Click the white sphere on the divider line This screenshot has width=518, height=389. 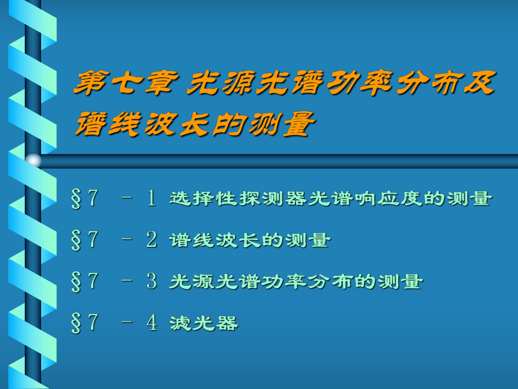pyautogui.click(x=33, y=161)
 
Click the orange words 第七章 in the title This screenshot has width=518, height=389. pyautogui.click(x=126, y=83)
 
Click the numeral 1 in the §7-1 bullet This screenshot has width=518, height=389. pyautogui.click(x=151, y=198)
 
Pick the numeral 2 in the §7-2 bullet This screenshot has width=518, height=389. pyautogui.click(x=151, y=240)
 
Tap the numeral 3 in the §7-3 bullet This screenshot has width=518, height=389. pyautogui.click(x=151, y=281)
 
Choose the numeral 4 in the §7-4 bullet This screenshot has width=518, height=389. pyautogui.click(x=151, y=322)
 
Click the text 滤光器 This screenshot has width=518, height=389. pyautogui.click(x=204, y=323)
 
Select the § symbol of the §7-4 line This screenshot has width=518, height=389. pyautogui.click(x=76, y=323)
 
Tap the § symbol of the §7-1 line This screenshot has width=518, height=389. pyautogui.click(x=76, y=199)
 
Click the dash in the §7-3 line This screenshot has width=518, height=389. pyautogui.click(x=127, y=281)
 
